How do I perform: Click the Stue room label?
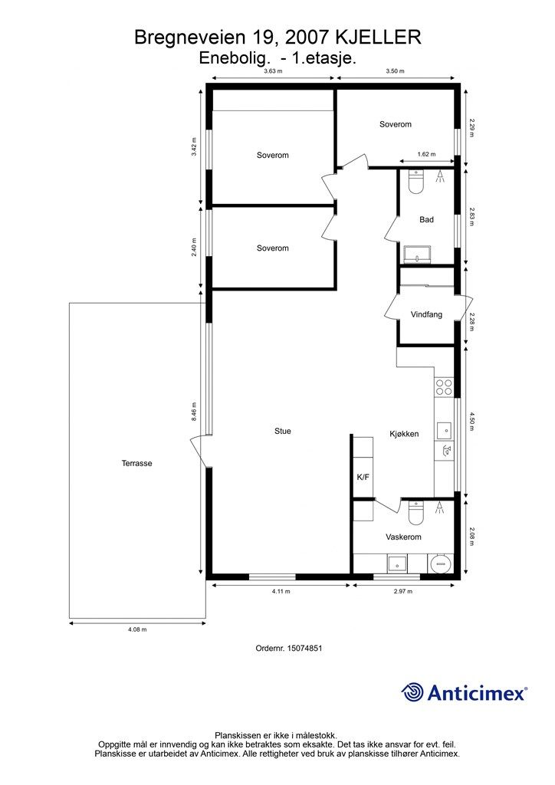coord(282,431)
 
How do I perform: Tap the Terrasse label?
coord(136,463)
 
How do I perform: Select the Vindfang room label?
coord(426,315)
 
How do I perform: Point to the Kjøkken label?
coord(404,434)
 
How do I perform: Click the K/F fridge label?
coord(363,477)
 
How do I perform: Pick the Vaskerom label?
coord(403,537)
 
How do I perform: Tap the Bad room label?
coord(426,219)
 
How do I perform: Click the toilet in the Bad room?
coord(416,181)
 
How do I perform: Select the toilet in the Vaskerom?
coord(416,512)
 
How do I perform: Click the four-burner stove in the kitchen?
coord(444,387)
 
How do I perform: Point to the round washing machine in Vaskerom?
coord(440,563)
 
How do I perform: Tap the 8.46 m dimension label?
coord(194,412)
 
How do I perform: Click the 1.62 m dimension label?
coord(426,154)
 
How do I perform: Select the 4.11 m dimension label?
coord(281,591)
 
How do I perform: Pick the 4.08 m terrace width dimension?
coord(137,629)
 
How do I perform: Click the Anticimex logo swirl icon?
coord(412,692)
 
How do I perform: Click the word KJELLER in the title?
coord(378,37)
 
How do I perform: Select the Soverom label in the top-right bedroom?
coord(396,124)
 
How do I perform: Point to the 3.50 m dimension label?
coord(395,71)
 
